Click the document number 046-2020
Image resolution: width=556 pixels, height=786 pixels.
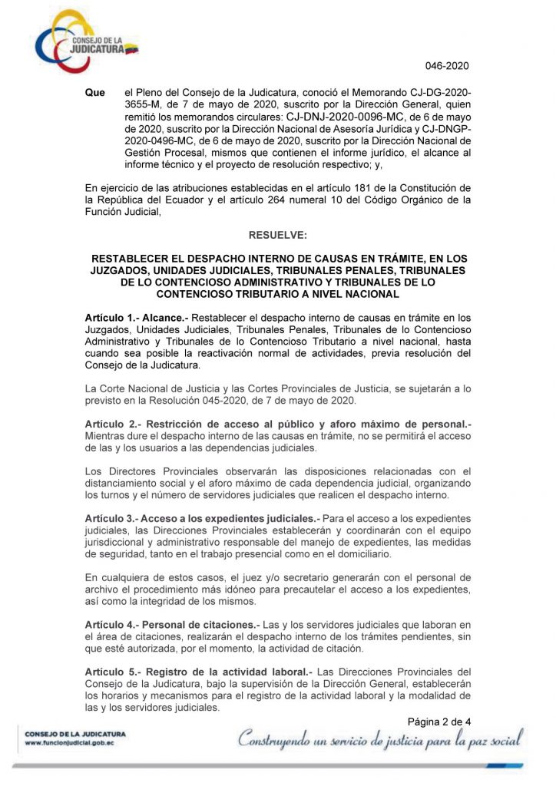coord(447,66)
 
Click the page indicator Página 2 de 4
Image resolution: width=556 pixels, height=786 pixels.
coord(439,721)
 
